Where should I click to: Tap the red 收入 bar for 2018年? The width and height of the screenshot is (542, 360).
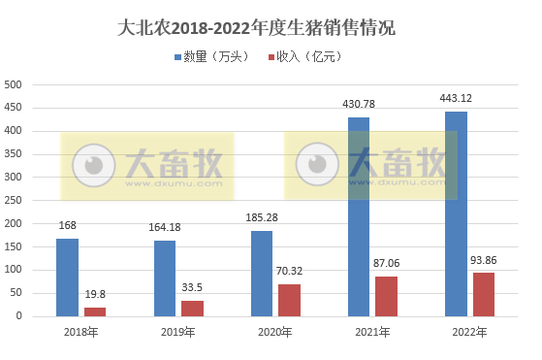(x=95, y=311)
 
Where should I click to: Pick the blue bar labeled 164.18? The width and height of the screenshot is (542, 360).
(x=165, y=278)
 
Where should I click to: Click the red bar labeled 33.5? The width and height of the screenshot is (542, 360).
(x=192, y=308)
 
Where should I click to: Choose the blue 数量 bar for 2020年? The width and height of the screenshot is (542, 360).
(x=262, y=273)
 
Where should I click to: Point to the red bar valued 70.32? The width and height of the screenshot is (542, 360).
(x=290, y=299)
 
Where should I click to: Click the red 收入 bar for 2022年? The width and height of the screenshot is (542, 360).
(x=484, y=294)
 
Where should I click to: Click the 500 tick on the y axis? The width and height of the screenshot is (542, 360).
(x=15, y=84)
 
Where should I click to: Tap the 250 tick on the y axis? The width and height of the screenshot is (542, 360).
(x=15, y=200)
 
